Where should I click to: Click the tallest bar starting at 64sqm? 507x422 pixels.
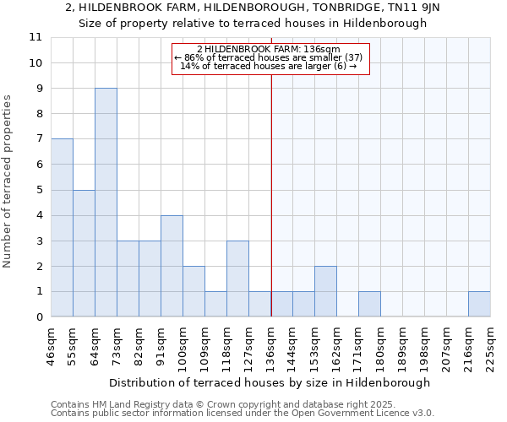(x=106, y=203)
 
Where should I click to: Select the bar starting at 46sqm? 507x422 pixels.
(x=62, y=228)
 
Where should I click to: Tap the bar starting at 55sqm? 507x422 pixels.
(x=84, y=253)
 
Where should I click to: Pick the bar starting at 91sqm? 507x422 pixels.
(x=172, y=266)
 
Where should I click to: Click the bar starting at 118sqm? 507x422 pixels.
(x=237, y=279)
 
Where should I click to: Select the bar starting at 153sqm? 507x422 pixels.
(x=325, y=291)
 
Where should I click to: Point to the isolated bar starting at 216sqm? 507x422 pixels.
(x=479, y=304)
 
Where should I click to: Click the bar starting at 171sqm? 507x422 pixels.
(x=369, y=304)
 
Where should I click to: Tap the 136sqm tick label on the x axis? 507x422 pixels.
(x=271, y=346)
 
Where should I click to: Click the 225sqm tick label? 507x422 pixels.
(x=490, y=346)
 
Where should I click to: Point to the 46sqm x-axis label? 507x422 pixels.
(x=52, y=346)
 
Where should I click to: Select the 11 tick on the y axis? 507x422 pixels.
(x=35, y=37)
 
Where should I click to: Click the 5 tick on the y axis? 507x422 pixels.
(x=39, y=190)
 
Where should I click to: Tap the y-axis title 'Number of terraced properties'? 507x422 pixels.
(x=8, y=181)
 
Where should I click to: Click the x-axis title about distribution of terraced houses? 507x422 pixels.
(x=270, y=382)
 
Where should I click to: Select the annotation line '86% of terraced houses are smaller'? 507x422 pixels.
(x=270, y=57)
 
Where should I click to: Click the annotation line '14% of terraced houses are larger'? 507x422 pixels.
(x=270, y=66)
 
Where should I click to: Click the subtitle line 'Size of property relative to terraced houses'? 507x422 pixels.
(x=253, y=24)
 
